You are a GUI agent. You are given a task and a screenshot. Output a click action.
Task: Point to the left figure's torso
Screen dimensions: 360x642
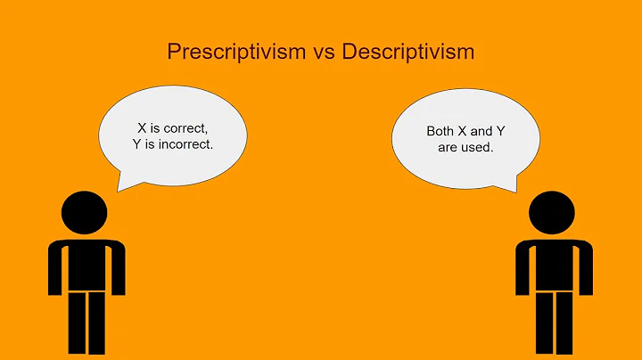(x=86, y=264)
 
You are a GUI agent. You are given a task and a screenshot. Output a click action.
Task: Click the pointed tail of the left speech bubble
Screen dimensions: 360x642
(x=121, y=186)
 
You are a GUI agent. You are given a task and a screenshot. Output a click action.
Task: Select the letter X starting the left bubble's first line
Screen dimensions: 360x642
(x=142, y=128)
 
